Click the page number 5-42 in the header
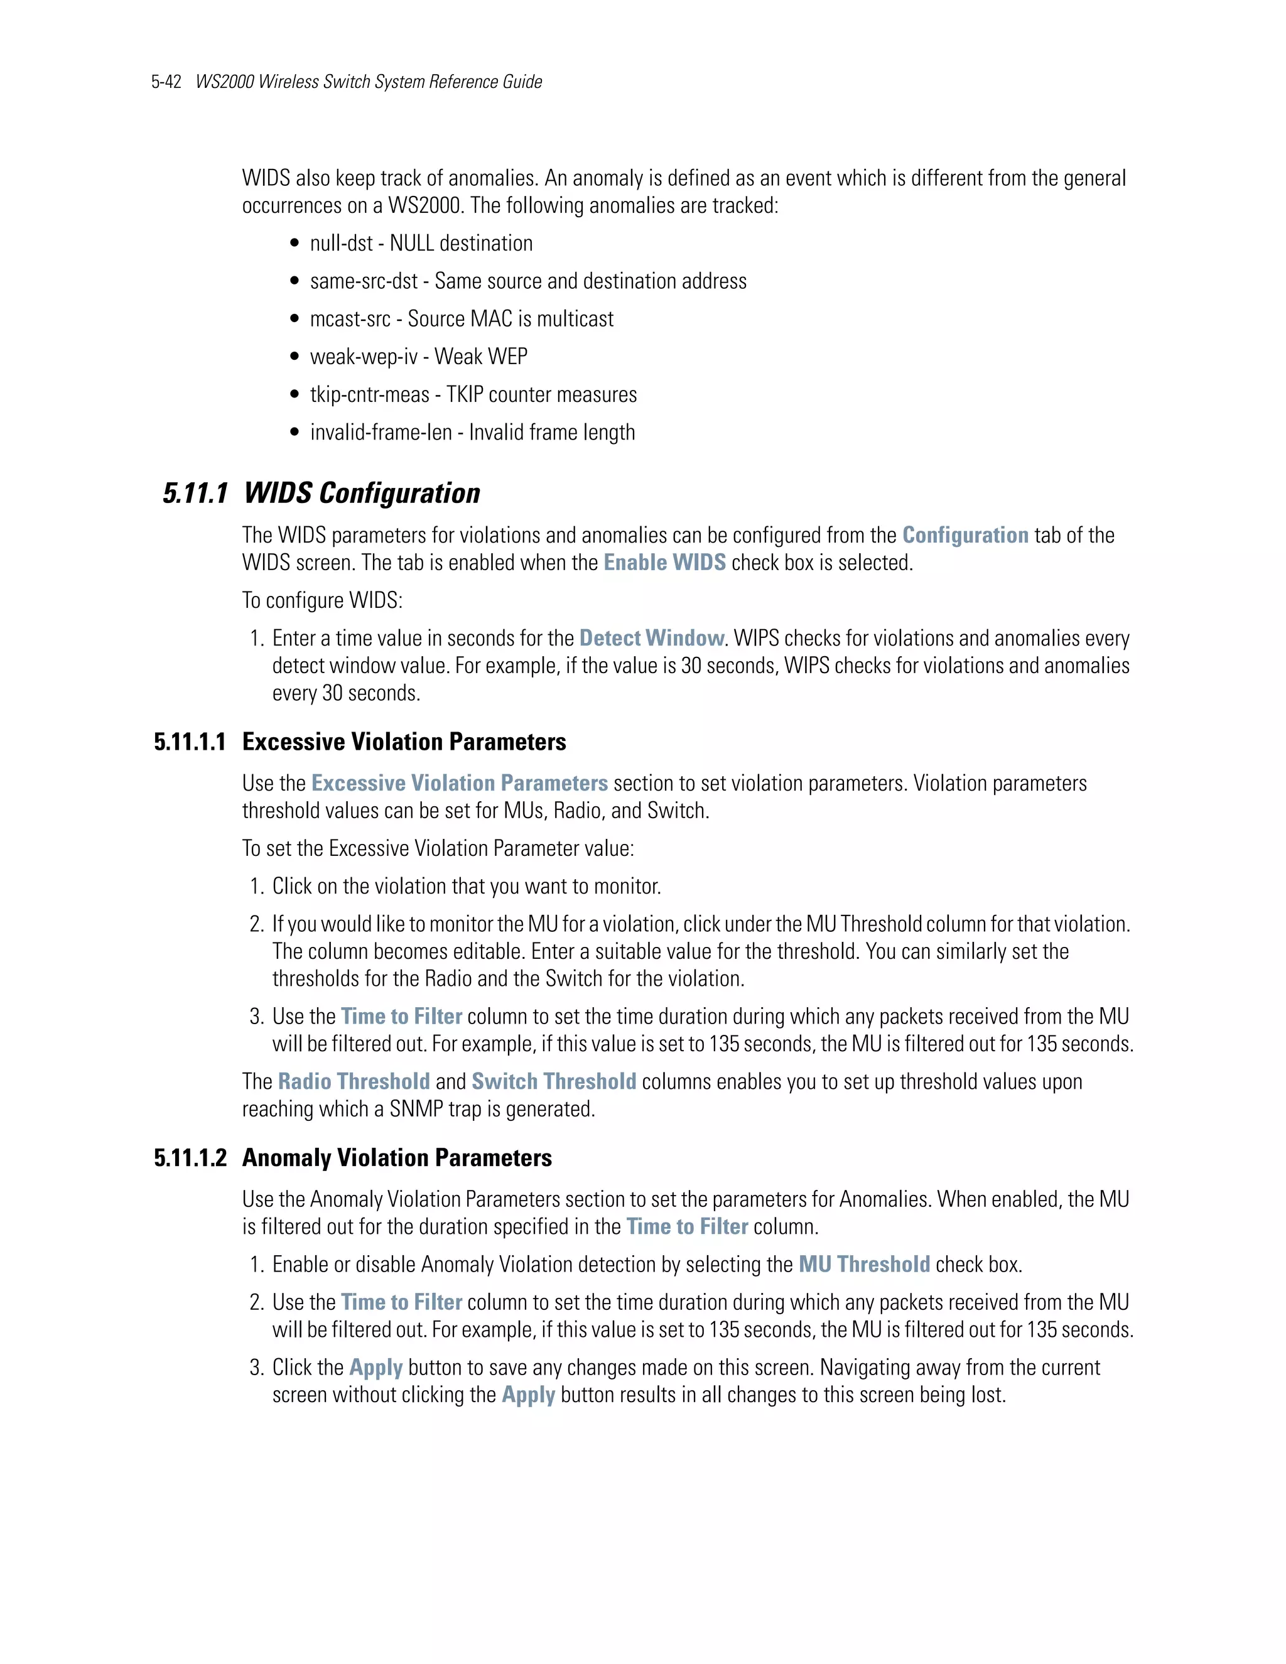click(166, 82)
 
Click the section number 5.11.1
click(196, 494)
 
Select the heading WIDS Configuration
click(362, 494)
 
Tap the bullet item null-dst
click(342, 244)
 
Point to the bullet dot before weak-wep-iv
click(295, 357)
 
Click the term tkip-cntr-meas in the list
click(369, 395)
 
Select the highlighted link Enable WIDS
click(664, 563)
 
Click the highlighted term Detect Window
click(651, 639)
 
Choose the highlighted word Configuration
click(965, 536)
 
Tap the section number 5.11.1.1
click(190, 742)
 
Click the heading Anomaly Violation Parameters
click(397, 1158)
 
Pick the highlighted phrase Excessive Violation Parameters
click(460, 784)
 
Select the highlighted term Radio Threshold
click(354, 1082)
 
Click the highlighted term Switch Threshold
click(554, 1082)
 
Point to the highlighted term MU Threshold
click(864, 1265)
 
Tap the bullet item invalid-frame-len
click(381, 433)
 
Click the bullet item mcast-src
click(350, 319)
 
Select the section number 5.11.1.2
click(190, 1158)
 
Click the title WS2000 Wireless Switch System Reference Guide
click(369, 82)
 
